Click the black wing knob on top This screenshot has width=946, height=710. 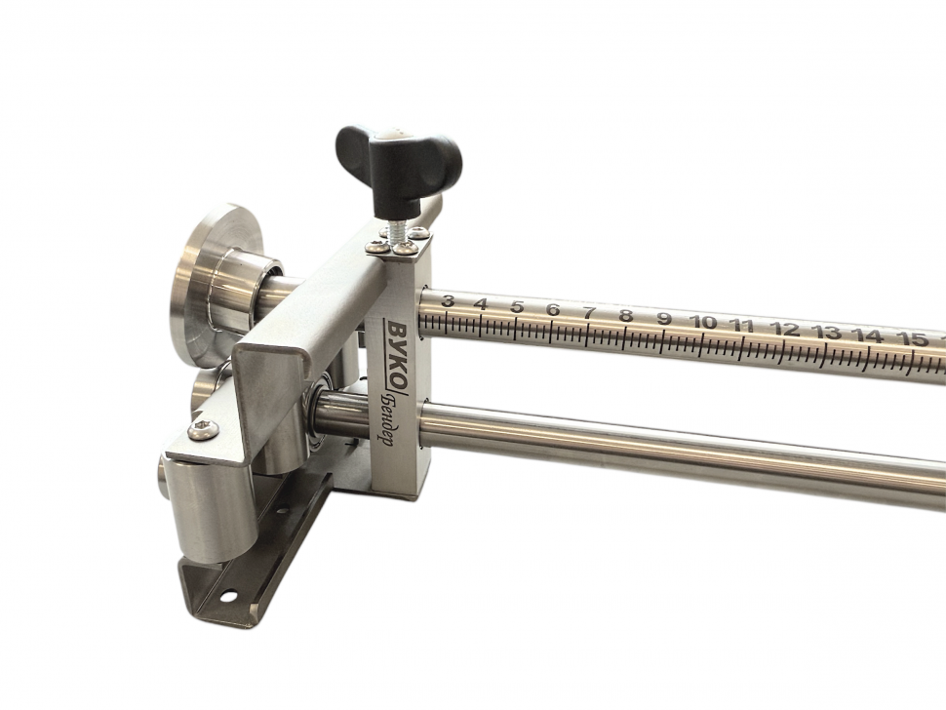pyautogui.click(x=398, y=163)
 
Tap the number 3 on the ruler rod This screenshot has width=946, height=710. pyautogui.click(x=447, y=301)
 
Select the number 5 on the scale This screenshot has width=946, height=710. pyautogui.click(x=517, y=307)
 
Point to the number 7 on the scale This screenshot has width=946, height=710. pyautogui.click(x=589, y=312)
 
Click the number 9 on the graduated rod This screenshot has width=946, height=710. pyautogui.click(x=664, y=319)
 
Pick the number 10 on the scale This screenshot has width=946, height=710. pyautogui.click(x=704, y=322)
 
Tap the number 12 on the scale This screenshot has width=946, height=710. pyautogui.click(x=785, y=329)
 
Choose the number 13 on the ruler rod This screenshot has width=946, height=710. pyautogui.click(x=827, y=332)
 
